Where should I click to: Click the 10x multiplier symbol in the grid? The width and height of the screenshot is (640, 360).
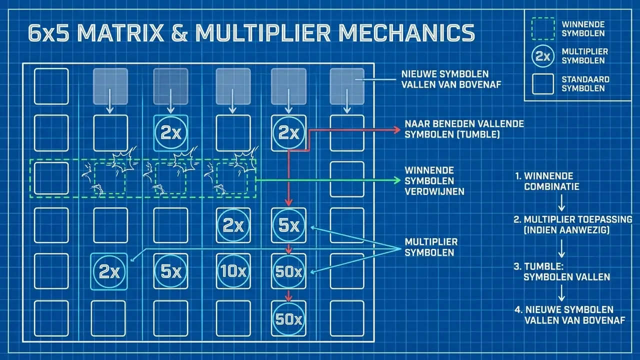(233, 271)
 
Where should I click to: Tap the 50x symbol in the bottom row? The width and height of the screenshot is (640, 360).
(288, 318)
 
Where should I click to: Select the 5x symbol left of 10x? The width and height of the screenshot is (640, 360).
(170, 271)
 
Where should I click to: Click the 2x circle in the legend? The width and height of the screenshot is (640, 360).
(542, 56)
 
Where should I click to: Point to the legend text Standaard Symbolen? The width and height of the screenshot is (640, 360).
(585, 83)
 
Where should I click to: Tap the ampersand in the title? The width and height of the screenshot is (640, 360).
(179, 33)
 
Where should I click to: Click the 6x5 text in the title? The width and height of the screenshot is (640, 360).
(49, 33)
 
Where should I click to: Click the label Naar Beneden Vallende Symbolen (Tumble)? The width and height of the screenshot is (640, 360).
(464, 129)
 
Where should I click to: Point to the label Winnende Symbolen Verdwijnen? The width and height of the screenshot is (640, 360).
(434, 181)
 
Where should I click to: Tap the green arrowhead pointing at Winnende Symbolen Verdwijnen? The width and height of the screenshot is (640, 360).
(397, 180)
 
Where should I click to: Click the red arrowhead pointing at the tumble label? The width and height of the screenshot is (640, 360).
(397, 130)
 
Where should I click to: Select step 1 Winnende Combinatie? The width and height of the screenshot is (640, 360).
(547, 181)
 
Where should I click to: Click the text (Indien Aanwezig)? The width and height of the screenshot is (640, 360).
(566, 230)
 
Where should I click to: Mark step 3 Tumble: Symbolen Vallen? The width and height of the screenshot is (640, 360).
(561, 271)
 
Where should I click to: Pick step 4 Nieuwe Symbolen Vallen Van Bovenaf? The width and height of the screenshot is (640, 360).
(569, 315)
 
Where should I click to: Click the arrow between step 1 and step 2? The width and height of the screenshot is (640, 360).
(561, 203)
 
